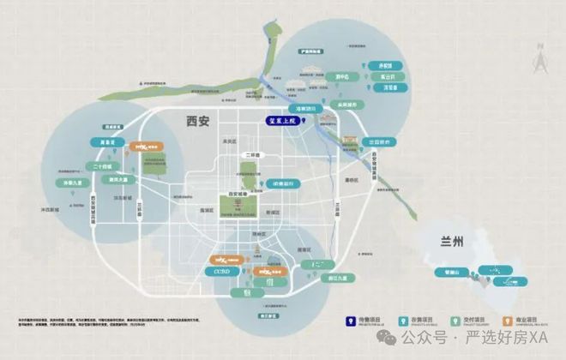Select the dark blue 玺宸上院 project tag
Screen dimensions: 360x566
click(x=285, y=122)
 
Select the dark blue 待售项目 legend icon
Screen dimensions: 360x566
click(x=351, y=322)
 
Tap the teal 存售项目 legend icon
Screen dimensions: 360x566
click(x=406, y=322)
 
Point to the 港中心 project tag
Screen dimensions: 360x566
click(x=342, y=76)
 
